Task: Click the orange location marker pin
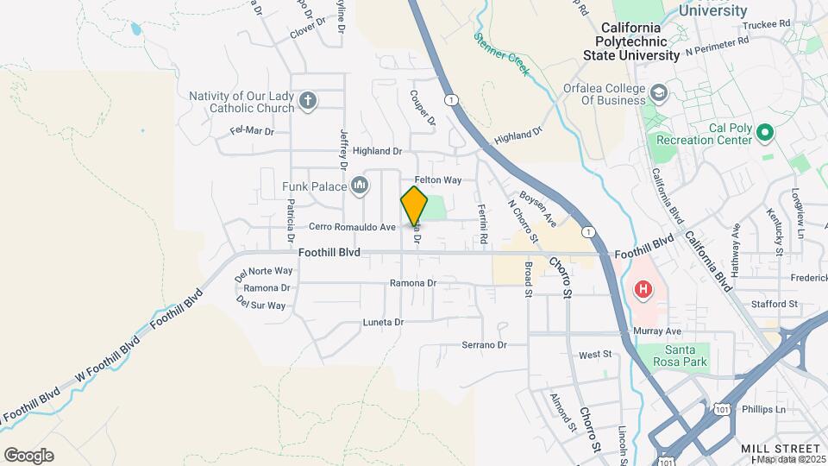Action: pos(414,206)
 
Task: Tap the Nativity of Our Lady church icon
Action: pos(307,103)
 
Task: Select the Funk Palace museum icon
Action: pos(360,186)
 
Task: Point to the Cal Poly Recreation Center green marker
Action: pos(764,134)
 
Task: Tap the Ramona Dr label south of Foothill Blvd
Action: pos(413,283)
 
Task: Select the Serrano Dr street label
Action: pos(483,345)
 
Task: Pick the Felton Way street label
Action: pos(438,180)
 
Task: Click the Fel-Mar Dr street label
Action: pos(252,132)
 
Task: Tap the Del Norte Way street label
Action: pos(264,271)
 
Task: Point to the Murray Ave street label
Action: pos(662,331)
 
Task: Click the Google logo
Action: pos(28,456)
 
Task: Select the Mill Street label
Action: pos(781,449)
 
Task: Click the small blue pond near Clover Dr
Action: pos(136,29)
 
